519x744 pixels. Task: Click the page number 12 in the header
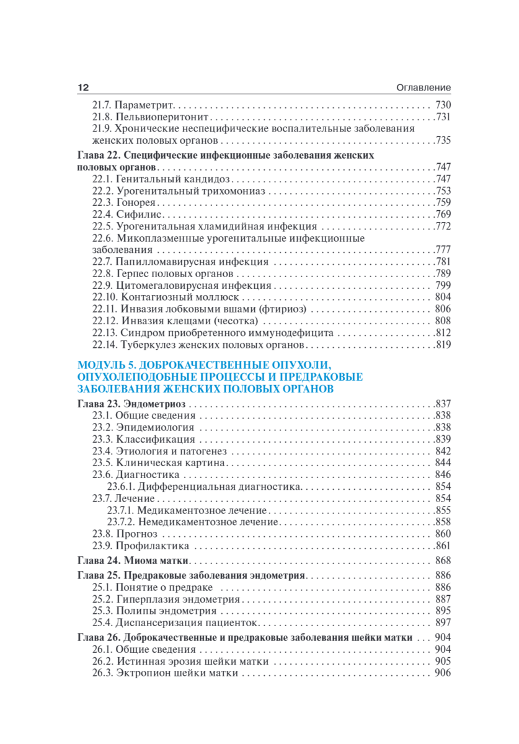pos(83,87)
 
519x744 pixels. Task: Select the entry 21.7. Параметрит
pos(133,105)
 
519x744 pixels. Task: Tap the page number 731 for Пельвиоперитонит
pos(443,117)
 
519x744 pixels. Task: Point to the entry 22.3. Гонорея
pos(124,202)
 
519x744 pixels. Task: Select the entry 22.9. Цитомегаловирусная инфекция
pos(182,285)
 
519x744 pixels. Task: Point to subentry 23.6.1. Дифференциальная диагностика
pos(205,487)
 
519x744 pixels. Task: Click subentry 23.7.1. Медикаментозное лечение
pos(187,510)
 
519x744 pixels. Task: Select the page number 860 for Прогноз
pos(443,534)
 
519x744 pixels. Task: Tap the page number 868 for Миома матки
pos(443,560)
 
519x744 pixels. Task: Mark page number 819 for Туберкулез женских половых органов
pos(443,345)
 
